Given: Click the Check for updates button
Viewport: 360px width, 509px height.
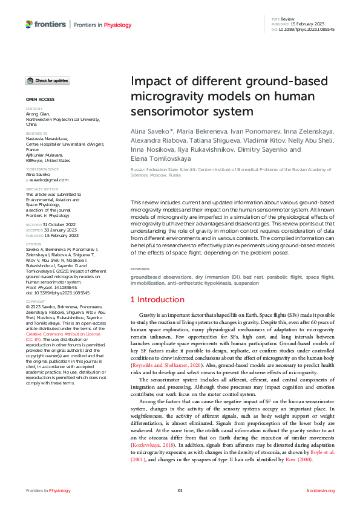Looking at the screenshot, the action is [x=47, y=80].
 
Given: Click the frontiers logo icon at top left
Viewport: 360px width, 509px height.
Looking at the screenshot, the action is [x=29, y=24].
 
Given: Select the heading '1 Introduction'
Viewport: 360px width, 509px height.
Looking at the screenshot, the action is [x=158, y=299].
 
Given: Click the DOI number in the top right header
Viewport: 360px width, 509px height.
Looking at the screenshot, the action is [x=307, y=29].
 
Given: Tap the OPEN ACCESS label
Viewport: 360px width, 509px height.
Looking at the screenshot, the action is [x=40, y=99].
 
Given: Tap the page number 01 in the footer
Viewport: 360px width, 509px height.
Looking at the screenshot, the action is [x=180, y=490].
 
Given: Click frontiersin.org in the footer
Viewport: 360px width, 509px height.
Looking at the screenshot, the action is [x=321, y=490].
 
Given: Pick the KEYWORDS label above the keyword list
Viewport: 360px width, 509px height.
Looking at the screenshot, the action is [x=140, y=268].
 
